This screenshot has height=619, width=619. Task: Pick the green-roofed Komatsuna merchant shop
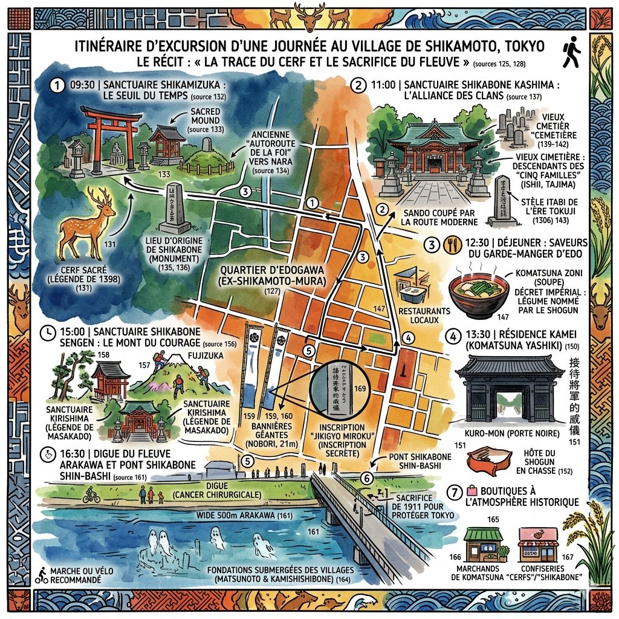pos(483,545)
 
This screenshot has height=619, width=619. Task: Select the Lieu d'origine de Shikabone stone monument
pos(172,209)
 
